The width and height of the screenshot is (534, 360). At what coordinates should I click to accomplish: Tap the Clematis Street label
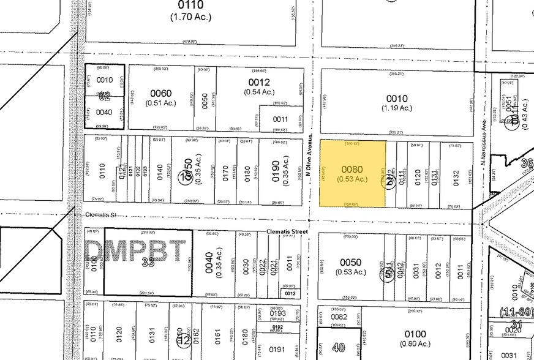(287, 232)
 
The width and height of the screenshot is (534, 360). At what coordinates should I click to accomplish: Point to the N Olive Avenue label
(310, 154)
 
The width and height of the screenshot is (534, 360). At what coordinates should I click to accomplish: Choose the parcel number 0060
(161, 93)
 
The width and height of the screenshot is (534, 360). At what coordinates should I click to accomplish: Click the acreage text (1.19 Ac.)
(396, 108)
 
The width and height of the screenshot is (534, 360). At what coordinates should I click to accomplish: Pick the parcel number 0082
(340, 317)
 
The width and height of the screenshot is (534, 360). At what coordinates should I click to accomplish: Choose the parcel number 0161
(217, 335)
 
